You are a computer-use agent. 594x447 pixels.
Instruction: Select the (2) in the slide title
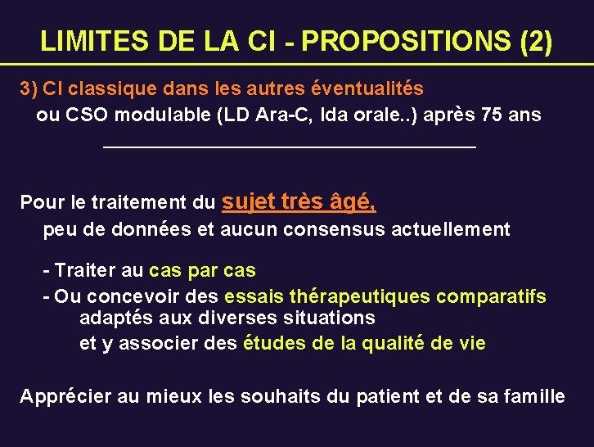(535, 40)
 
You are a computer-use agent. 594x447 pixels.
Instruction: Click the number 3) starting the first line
(29, 88)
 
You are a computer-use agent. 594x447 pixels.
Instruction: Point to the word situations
(328, 318)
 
